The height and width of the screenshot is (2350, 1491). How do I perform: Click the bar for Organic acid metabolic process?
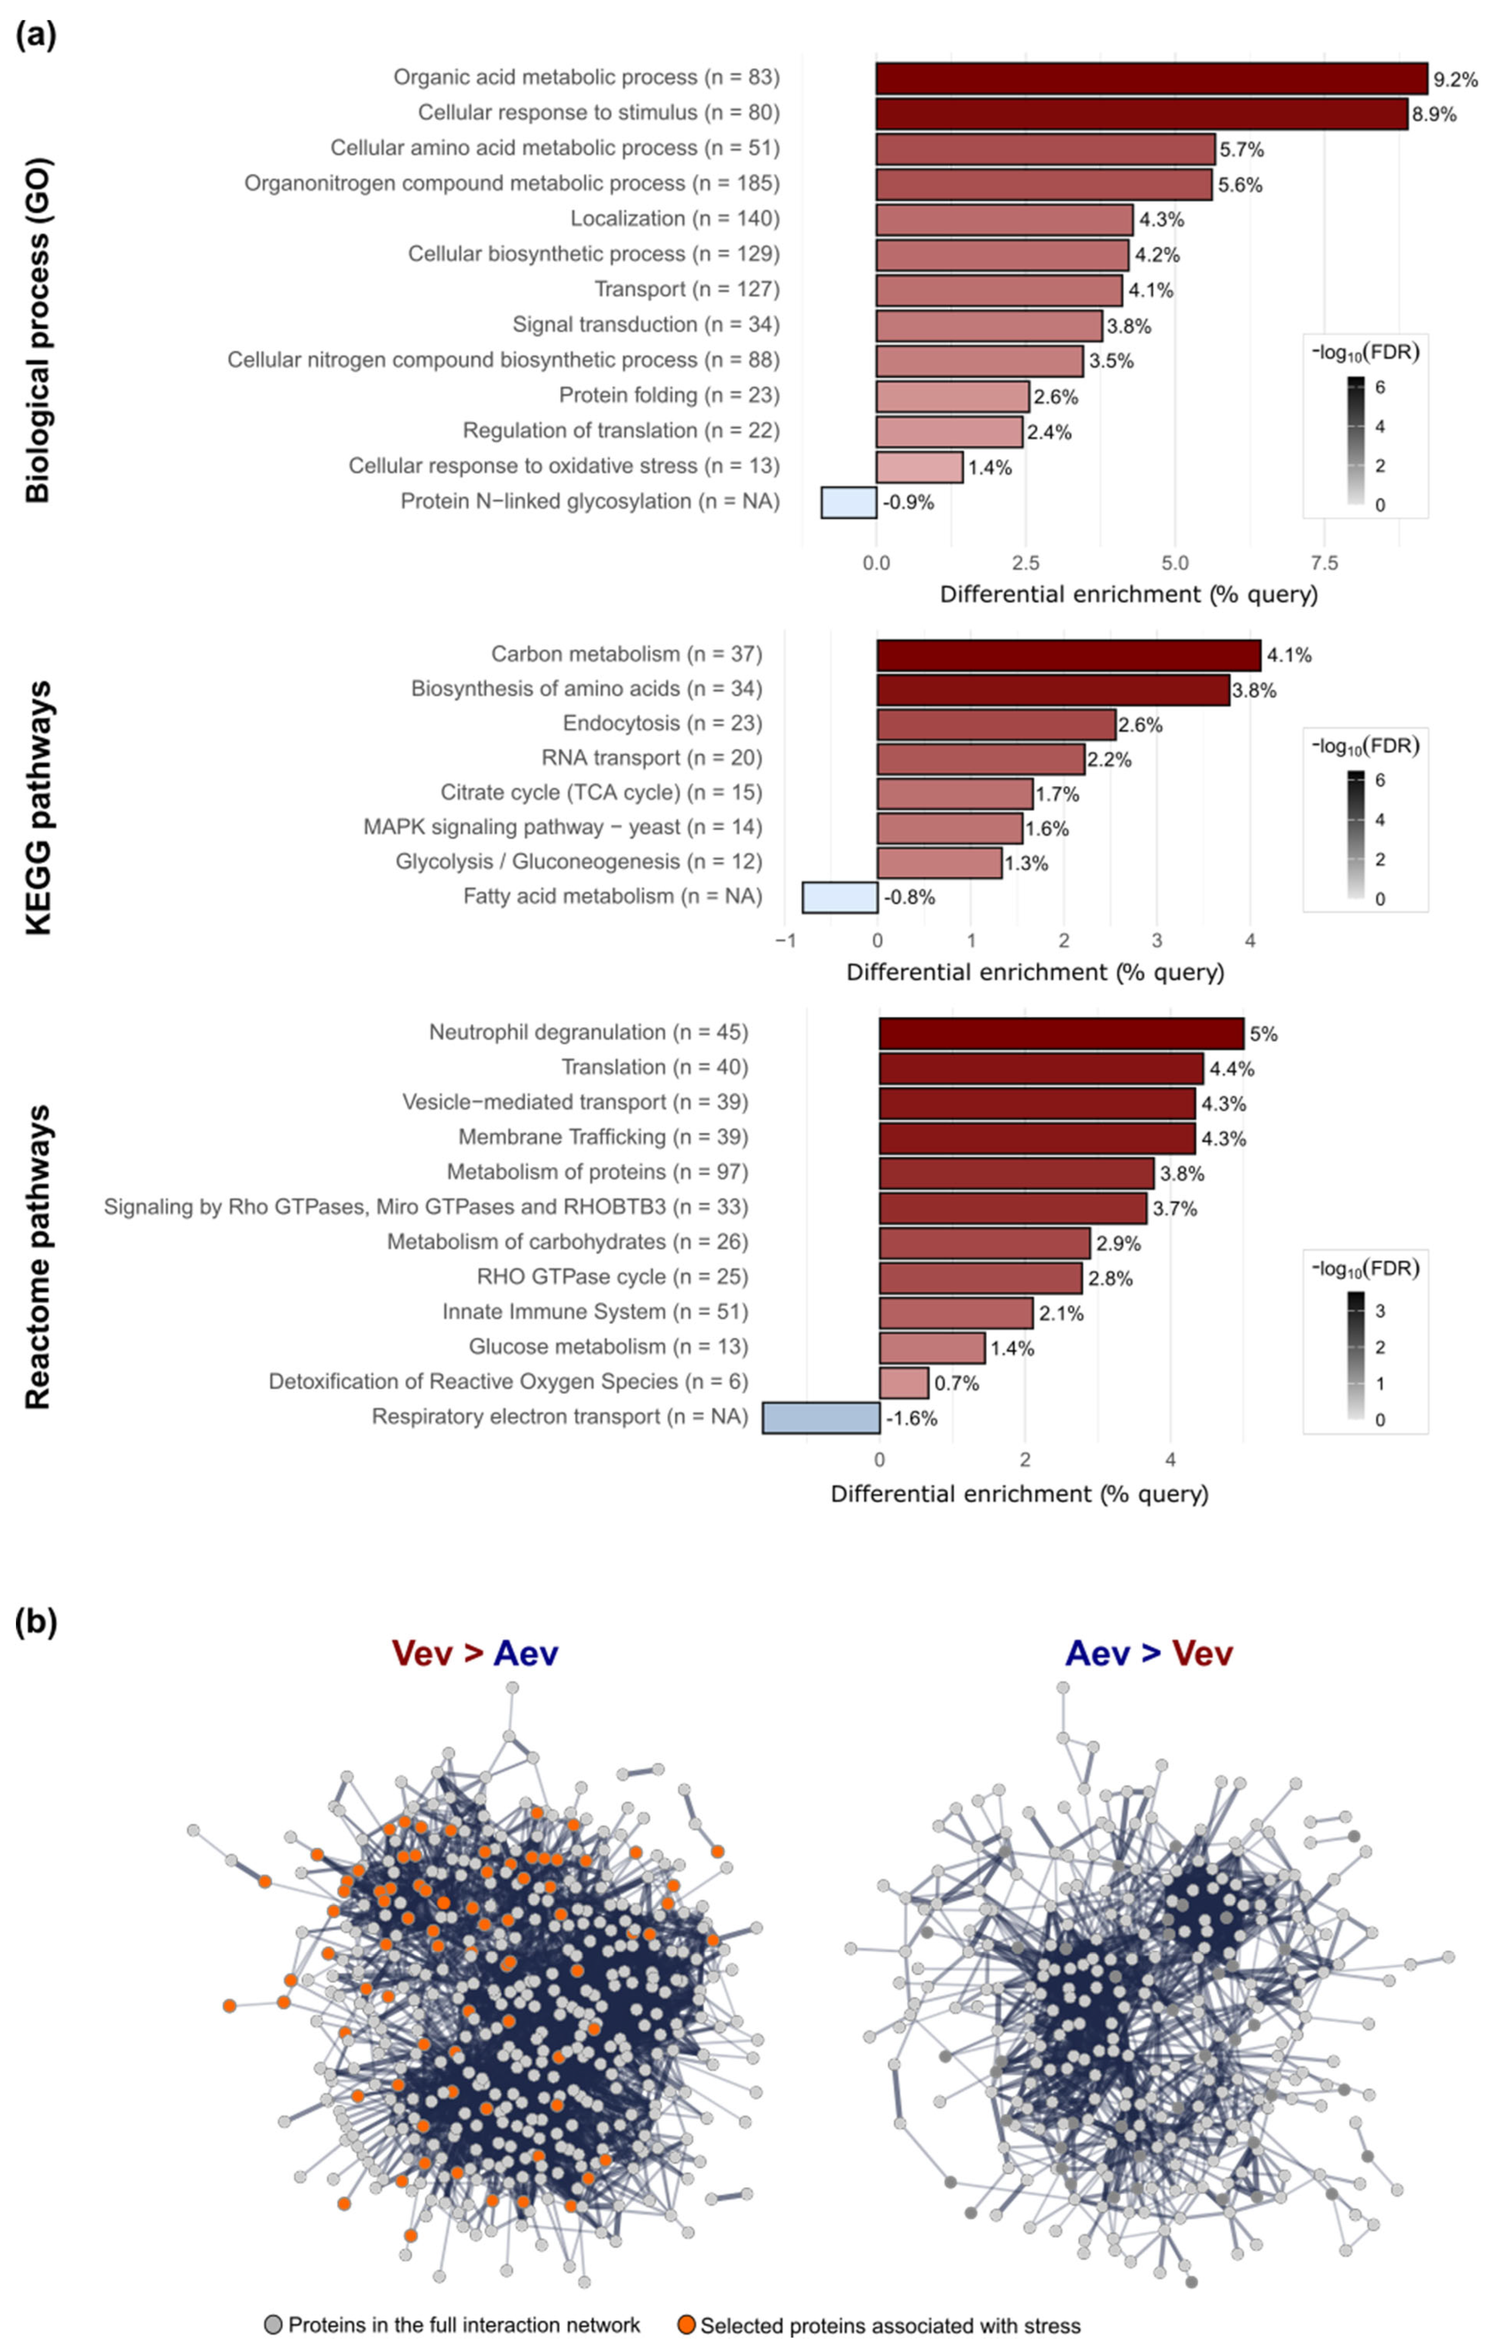1152,78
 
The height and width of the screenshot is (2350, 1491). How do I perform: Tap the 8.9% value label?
1434,114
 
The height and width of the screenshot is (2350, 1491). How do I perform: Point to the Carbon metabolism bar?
1068,655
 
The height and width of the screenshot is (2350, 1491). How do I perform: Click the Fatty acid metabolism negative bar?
839,897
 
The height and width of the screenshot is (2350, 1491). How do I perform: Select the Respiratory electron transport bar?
821,1418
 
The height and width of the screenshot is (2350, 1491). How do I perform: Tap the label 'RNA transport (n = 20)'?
651,758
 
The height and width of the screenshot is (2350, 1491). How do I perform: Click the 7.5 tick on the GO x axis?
1324,563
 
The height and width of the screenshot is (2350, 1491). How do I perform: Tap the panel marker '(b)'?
37,1622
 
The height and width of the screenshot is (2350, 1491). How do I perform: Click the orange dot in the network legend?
687,2324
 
